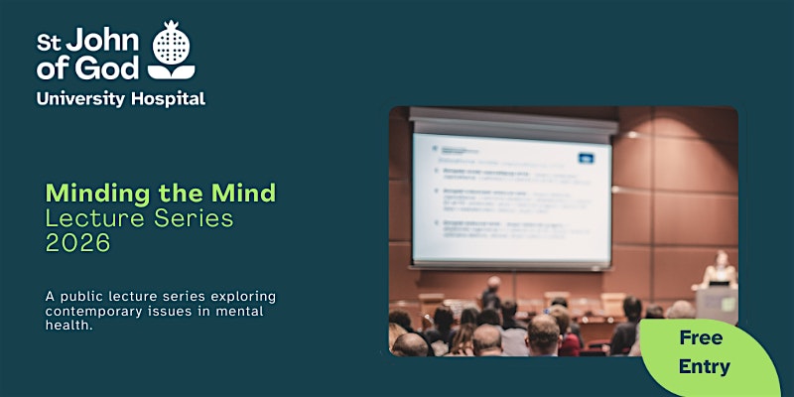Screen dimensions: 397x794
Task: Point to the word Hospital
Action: point(170,98)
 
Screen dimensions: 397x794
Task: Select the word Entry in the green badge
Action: point(704,366)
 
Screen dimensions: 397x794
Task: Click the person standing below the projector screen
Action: point(491,292)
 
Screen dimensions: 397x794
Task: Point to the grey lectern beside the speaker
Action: point(717,303)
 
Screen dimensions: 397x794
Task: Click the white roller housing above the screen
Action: point(514,124)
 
